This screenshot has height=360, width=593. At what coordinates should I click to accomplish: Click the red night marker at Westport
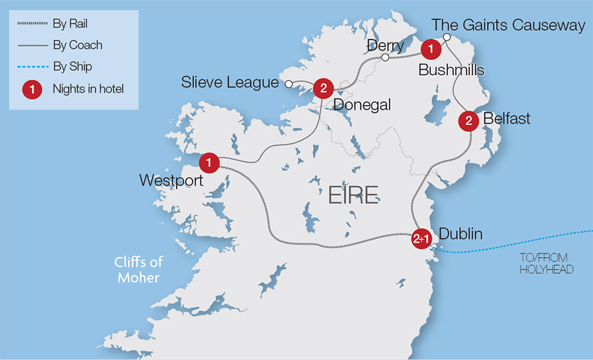(209, 161)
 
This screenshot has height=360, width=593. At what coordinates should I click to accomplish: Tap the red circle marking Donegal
(323, 88)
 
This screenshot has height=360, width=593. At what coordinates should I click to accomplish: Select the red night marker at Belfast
(468, 121)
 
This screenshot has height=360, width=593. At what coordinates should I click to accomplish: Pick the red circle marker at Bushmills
(430, 48)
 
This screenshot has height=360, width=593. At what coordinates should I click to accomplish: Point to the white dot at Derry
(385, 58)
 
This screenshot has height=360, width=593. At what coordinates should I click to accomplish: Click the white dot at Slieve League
(288, 84)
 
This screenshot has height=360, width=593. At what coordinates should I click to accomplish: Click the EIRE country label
(353, 195)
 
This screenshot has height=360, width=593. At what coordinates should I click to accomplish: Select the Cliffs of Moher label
(138, 269)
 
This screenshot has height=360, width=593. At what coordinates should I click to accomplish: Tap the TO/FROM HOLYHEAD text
(544, 263)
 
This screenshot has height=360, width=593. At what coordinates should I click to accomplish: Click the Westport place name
(171, 180)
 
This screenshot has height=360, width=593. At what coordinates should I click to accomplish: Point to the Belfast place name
(507, 119)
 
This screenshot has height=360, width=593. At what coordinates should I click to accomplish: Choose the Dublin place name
(461, 234)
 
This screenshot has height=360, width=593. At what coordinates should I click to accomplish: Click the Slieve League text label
(230, 83)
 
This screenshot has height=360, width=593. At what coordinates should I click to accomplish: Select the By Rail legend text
(70, 24)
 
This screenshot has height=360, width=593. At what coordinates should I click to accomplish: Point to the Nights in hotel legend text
(88, 89)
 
